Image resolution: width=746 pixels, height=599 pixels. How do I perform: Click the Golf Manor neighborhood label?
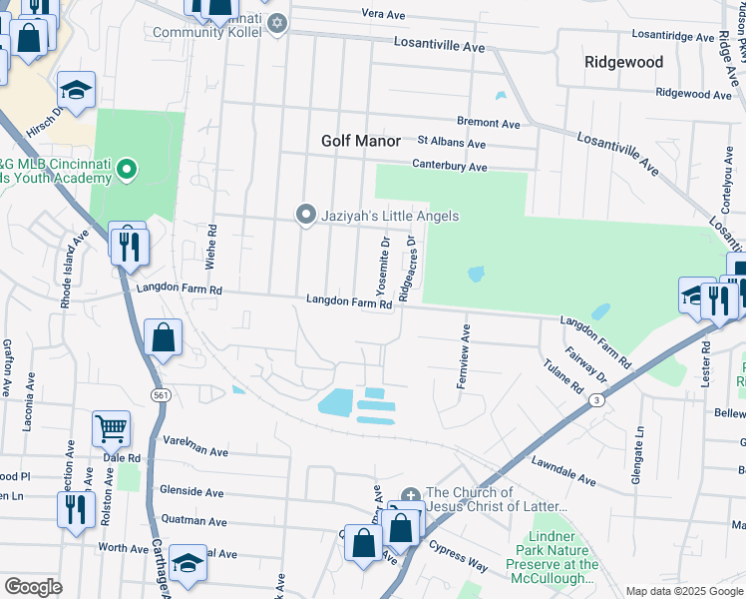[x=360, y=141]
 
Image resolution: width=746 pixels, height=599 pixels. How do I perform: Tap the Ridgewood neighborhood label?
[x=623, y=62]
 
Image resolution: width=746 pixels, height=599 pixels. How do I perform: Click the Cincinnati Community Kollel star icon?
[x=277, y=23]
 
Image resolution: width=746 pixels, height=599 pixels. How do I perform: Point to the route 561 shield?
[x=160, y=395]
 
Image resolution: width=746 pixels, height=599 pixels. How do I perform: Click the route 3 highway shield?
[x=595, y=400]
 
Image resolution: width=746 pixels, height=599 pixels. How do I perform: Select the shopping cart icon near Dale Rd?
[x=111, y=429]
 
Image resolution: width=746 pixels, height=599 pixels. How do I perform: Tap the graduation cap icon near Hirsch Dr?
[x=76, y=90]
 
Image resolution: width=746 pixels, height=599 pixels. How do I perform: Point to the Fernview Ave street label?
[x=465, y=356]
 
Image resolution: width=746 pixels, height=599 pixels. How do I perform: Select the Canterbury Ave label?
[x=451, y=166]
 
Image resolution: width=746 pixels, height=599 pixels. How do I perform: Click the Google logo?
[x=33, y=586]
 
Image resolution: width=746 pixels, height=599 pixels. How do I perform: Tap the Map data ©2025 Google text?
[x=683, y=591]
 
